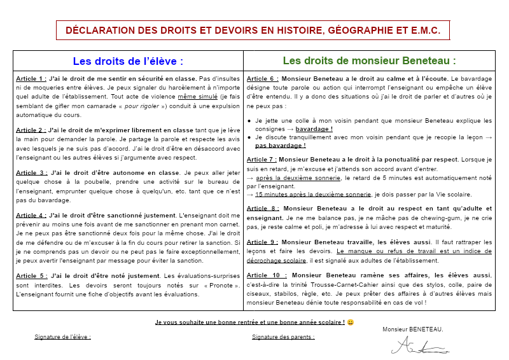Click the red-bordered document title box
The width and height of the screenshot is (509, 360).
(x=253, y=31)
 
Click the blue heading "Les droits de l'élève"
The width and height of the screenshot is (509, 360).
(x=128, y=61)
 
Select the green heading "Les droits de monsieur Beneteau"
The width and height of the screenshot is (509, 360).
(x=369, y=61)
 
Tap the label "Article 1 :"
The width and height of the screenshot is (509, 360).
(x=32, y=79)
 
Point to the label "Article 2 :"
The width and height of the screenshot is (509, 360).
(x=32, y=130)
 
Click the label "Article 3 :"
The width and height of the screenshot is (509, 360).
(x=32, y=172)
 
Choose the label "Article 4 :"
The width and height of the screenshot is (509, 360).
(x=32, y=216)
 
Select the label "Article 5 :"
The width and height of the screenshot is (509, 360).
(x=32, y=275)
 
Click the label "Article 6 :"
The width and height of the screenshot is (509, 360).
(x=262, y=79)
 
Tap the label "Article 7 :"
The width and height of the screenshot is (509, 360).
(x=261, y=160)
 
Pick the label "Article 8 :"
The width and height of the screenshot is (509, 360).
(x=262, y=208)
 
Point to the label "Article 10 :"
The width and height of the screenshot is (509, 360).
(x=265, y=275)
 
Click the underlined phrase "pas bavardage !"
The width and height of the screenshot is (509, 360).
(x=276, y=146)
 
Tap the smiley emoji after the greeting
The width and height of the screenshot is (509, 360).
(x=350, y=322)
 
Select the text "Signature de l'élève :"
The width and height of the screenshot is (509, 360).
(x=62, y=337)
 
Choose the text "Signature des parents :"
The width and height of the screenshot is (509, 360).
(x=283, y=337)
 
